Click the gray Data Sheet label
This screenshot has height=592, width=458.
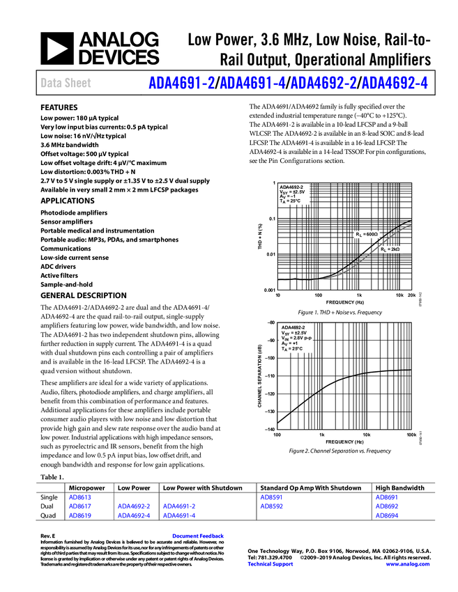coord(66,84)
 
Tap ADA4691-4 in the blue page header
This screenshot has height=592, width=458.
coord(252,83)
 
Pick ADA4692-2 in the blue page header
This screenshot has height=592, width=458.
coord(323,83)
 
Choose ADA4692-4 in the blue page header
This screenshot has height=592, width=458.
coord(395,83)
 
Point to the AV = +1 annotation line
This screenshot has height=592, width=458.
coord(289,343)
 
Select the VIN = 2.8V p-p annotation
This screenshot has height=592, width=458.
coord(296,338)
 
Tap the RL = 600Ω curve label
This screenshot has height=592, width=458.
coord(367,235)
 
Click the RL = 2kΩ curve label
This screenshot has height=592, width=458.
coord(391,249)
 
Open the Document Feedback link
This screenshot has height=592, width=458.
coord(199,536)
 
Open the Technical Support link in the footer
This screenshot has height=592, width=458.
coord(270,564)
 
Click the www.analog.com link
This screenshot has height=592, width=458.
coord(408,564)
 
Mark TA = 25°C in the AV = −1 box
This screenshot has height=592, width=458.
coord(289,201)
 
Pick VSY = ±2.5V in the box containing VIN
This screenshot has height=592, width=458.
coord(293,333)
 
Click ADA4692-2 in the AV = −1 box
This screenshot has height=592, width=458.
coord(292,187)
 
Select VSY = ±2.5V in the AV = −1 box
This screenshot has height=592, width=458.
coord(292,192)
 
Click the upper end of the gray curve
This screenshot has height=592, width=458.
coord(411,225)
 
